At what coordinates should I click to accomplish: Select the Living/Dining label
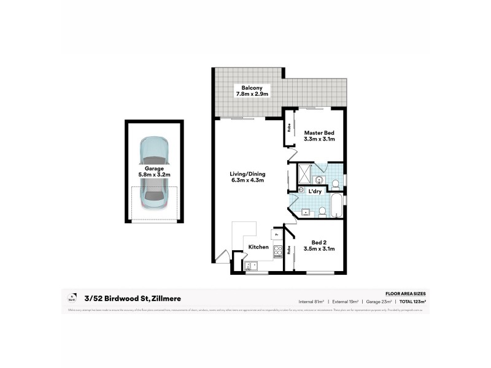click(247, 174)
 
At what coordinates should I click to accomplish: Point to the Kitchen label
click(258, 247)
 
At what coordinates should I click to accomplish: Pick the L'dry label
click(315, 192)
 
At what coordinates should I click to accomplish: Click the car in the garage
click(153, 172)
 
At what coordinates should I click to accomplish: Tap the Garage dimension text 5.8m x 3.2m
click(154, 175)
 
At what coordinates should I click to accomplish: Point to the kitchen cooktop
click(277, 250)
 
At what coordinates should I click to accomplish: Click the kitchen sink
click(252, 266)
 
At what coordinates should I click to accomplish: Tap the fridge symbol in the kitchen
click(276, 234)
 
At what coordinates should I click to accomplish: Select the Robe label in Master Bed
click(288, 129)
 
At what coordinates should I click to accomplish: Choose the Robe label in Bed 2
click(288, 250)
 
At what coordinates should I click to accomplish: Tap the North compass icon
click(72, 298)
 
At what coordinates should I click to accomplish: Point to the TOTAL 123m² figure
click(413, 302)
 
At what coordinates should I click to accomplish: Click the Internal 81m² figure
click(311, 302)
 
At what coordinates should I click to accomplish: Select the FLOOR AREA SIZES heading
click(405, 294)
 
